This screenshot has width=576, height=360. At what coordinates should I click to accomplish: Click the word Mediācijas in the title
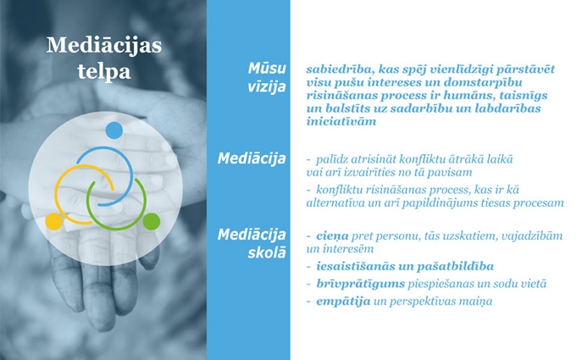coord(104,46)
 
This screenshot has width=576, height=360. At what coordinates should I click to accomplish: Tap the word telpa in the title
coord(104,72)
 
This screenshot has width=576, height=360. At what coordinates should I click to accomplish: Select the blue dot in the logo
coord(114,130)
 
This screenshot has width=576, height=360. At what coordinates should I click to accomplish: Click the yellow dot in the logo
coord(54,222)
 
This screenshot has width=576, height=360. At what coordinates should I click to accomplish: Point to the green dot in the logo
coord(152,222)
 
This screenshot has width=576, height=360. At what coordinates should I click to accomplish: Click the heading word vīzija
coord(267,87)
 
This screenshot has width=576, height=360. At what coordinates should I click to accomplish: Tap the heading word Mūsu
coord(267,68)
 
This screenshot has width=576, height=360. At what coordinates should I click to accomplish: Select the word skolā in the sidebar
coord(267,252)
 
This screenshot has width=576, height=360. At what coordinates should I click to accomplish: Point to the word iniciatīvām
coord(341,121)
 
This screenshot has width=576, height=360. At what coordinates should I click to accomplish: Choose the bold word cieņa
coord(332,236)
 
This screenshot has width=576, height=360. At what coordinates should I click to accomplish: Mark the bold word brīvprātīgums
coord(360,284)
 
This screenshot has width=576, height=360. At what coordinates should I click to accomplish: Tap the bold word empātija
coord(343,302)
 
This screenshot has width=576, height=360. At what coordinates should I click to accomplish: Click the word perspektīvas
coord(426,302)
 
